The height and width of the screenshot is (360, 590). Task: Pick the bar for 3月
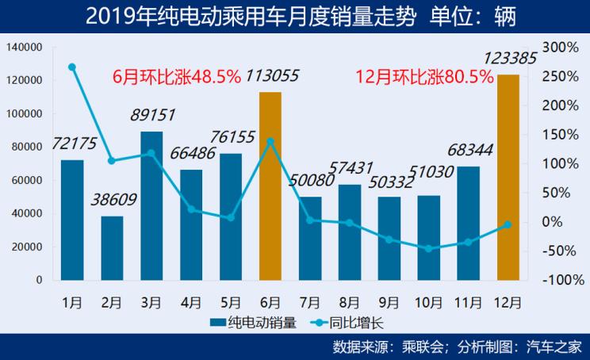pyautogui.click(x=151, y=205)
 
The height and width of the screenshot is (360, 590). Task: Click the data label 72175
pyautogui.click(x=74, y=144)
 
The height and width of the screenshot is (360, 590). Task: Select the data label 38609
pyautogui.click(x=113, y=201)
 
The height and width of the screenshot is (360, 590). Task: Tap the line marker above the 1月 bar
pyautogui.click(x=72, y=67)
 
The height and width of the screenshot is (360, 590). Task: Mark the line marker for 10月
pyautogui.click(x=429, y=248)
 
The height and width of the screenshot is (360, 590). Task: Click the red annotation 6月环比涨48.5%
pyautogui.click(x=176, y=76)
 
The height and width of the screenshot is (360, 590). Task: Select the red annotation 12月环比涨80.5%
pyautogui.click(x=424, y=77)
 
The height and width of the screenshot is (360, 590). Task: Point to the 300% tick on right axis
pyautogui.click(x=560, y=47)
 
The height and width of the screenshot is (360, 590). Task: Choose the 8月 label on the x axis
pyautogui.click(x=350, y=302)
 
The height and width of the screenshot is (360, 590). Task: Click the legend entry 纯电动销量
pyautogui.click(x=253, y=323)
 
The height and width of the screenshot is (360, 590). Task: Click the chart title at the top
pyautogui.click(x=294, y=15)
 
